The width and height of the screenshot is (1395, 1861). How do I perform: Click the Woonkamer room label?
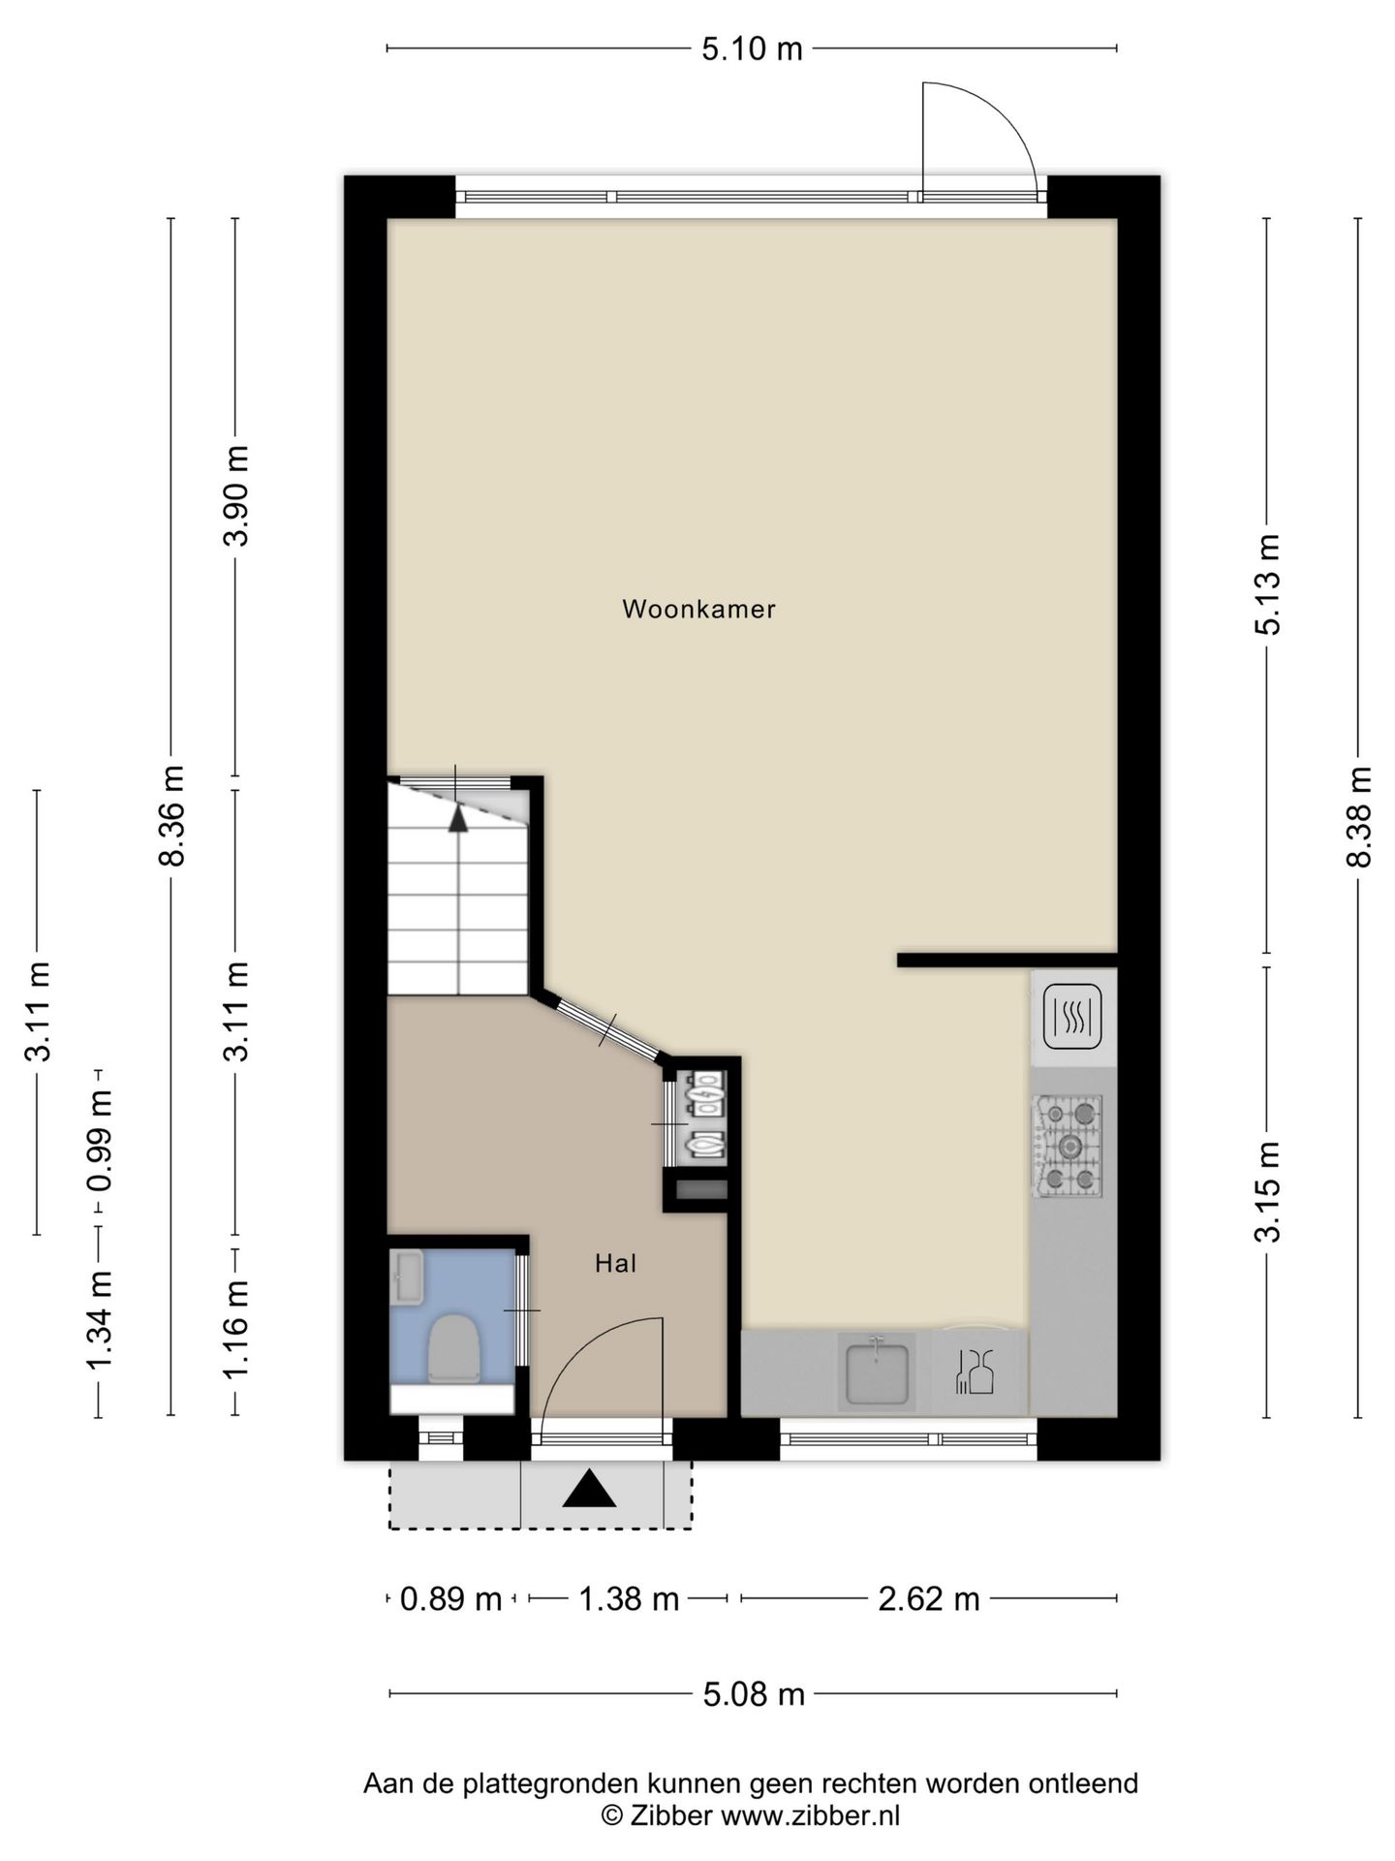pyautogui.click(x=698, y=609)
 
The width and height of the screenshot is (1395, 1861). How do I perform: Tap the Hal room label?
pyautogui.click(x=615, y=1263)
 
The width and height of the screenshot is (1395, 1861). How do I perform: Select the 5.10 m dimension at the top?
pyautogui.click(x=752, y=48)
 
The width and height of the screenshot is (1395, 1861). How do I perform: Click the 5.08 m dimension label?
pyautogui.click(x=754, y=1693)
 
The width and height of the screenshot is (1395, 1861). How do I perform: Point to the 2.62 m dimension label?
pyautogui.click(x=928, y=1598)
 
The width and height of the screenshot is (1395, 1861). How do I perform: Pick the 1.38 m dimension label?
pyautogui.click(x=628, y=1598)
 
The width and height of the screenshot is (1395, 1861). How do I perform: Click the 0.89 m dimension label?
pyautogui.click(x=450, y=1598)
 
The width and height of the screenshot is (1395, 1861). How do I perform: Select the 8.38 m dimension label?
pyautogui.click(x=1359, y=816)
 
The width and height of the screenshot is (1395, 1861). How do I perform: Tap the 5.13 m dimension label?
pyautogui.click(x=1267, y=584)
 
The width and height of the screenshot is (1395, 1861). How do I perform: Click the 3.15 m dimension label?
pyautogui.click(x=1267, y=1191)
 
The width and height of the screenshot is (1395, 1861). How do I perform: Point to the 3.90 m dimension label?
pyautogui.click(x=236, y=495)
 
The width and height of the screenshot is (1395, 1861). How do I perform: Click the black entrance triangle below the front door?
pyautogui.click(x=589, y=1489)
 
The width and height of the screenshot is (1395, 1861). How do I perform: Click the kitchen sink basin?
pyautogui.click(x=877, y=1372)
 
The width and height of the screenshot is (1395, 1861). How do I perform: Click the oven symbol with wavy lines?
pyautogui.click(x=1072, y=1017)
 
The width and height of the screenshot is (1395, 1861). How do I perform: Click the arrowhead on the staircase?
pyautogui.click(x=458, y=818)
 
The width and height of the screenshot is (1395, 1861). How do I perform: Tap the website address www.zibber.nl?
pyautogui.click(x=810, y=1816)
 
